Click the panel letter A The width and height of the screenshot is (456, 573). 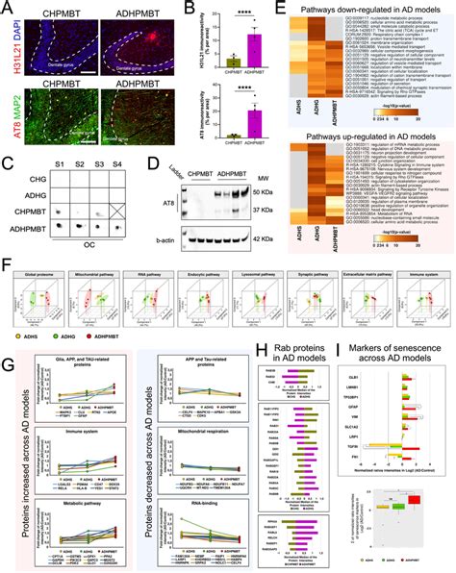pos(6,7)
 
